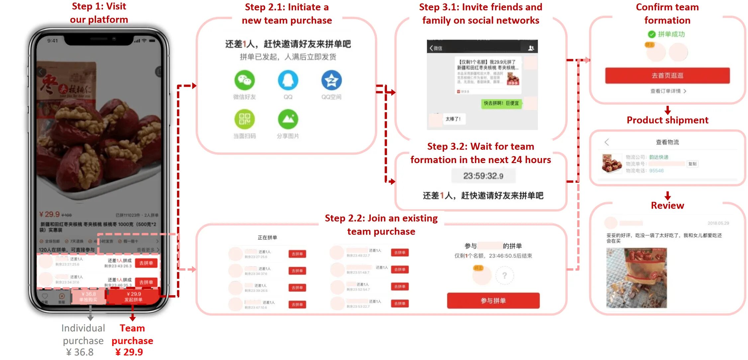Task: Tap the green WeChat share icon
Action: pos(244,80)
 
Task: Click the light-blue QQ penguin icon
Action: pos(288,80)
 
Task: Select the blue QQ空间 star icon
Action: pos(331,80)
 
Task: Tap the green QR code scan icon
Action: pos(244,119)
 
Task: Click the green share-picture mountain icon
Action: pos(288,119)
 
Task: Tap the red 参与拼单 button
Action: pos(493,301)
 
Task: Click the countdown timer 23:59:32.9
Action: pos(483,176)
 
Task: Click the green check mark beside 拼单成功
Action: pos(652,34)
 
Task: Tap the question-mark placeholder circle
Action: pos(504,275)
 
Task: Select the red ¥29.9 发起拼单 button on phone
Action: pos(134,297)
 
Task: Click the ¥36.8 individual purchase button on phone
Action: pos(88,297)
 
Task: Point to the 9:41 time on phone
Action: pos(52,41)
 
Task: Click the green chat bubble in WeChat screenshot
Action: pos(501,103)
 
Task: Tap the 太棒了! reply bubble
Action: pos(453,119)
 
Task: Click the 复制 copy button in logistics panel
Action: pos(693,164)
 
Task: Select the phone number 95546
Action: pos(656,171)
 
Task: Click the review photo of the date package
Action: pos(636,278)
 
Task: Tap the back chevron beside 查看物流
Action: pos(607,142)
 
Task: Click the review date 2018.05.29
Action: pos(718,223)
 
